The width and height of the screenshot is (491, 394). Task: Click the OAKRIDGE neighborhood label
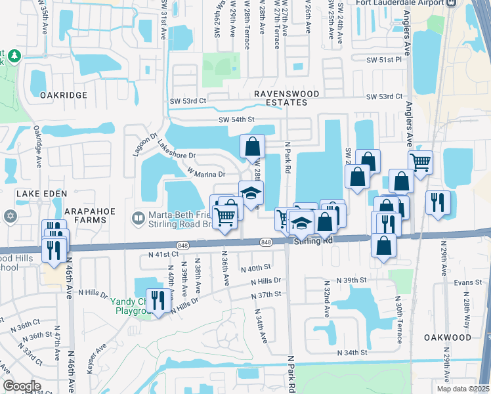pyautogui.click(x=63, y=95)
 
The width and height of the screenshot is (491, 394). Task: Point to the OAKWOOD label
pyautogui.click(x=448, y=337)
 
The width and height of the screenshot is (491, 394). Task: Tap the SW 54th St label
pyautogui.click(x=236, y=120)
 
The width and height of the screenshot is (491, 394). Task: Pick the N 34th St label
pyautogui.click(x=352, y=353)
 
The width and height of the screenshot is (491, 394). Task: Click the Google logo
pyautogui.click(x=22, y=386)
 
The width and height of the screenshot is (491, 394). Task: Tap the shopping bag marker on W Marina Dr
pyautogui.click(x=252, y=146)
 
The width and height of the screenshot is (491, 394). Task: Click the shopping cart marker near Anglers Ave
pyautogui.click(x=420, y=162)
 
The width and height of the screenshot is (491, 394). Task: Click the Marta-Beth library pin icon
pyautogui.click(x=138, y=217)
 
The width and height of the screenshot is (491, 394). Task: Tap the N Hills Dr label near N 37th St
pyautogui.click(x=265, y=281)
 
